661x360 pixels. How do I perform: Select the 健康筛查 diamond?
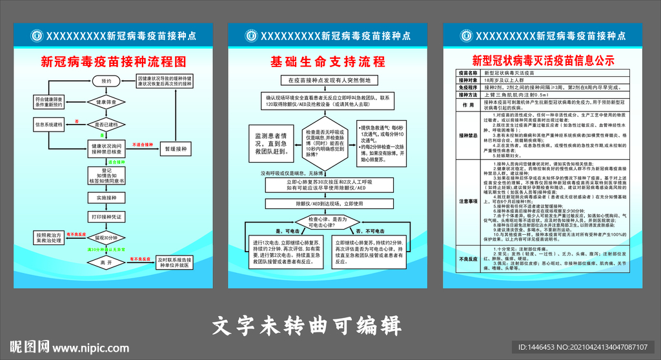pyautogui.click(x=107, y=103)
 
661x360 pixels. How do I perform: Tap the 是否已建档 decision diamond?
pyautogui.click(x=107, y=124)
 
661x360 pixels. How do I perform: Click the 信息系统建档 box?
pyautogui.click(x=49, y=124)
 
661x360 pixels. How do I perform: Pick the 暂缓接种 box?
pyautogui.click(x=175, y=148)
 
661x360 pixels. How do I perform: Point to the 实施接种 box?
pyautogui.click(x=107, y=198)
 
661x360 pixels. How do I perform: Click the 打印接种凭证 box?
pyautogui.click(x=107, y=215)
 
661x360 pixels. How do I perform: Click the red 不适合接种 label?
pyautogui.click(x=142, y=145)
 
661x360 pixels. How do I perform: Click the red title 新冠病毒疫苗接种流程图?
pyautogui.click(x=113, y=62)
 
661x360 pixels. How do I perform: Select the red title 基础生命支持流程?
pyautogui.click(x=328, y=62)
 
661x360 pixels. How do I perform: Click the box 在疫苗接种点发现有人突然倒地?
pyautogui.click(x=329, y=81)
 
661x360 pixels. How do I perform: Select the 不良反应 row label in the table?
pyautogui.click(x=468, y=259)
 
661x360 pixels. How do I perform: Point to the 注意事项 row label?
pyautogui.click(x=468, y=201)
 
